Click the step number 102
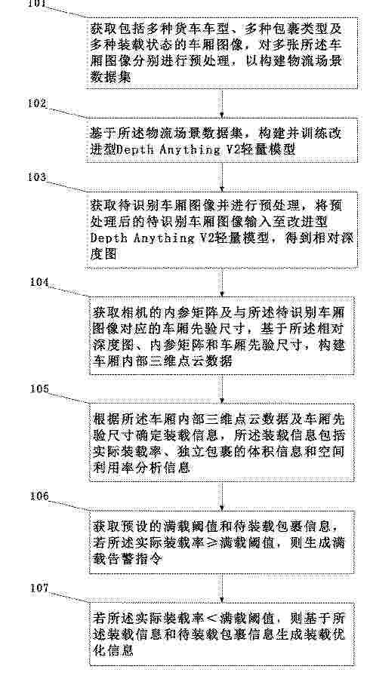coord(36,104)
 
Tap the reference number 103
coord(36,177)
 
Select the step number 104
coord(39,282)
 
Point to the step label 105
coord(39,388)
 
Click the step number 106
coord(39,496)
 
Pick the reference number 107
coord(39,588)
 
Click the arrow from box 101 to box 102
coord(221,103)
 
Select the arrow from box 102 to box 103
coord(221,177)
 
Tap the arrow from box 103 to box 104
coord(221,283)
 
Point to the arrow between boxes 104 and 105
coord(221,389)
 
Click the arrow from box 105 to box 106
coord(221,496)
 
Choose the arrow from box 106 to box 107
coord(221,588)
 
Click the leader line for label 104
coord(69,290)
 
